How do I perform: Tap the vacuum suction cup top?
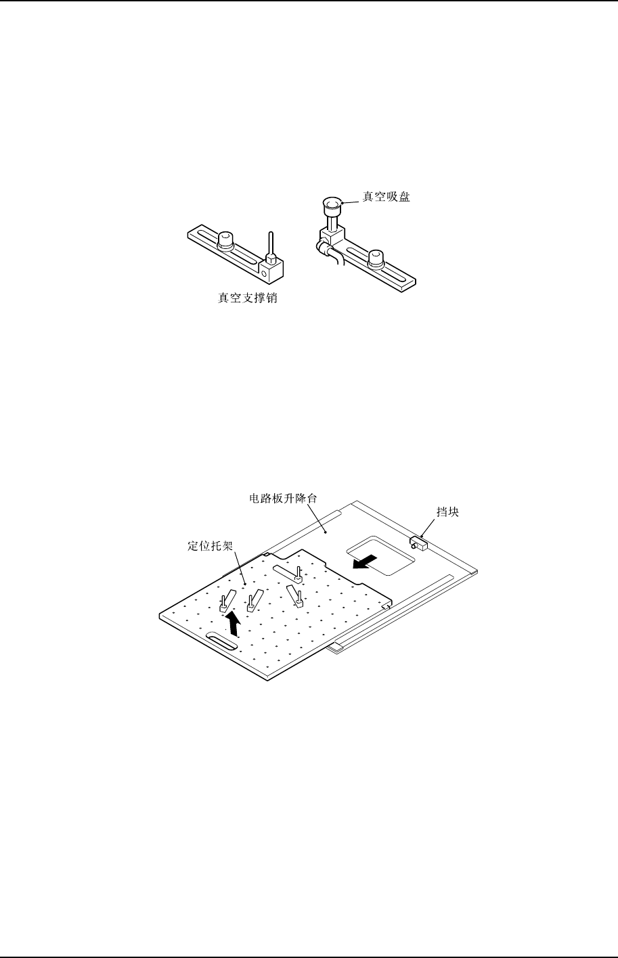click(332, 202)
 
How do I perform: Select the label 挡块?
click(448, 512)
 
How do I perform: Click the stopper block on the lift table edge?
click(418, 541)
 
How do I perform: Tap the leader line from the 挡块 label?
click(432, 527)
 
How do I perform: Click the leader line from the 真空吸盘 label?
click(351, 200)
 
